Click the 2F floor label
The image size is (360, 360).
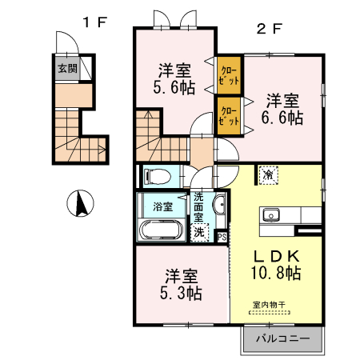pos(269,30)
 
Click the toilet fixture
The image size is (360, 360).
pos(154,175)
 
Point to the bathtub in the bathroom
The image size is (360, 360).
pos(162,230)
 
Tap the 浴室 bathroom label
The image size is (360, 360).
pos(162,206)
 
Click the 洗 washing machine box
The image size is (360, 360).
pos(200,232)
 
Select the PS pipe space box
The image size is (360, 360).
pos(222,236)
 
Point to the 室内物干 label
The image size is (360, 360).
pos(269,305)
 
